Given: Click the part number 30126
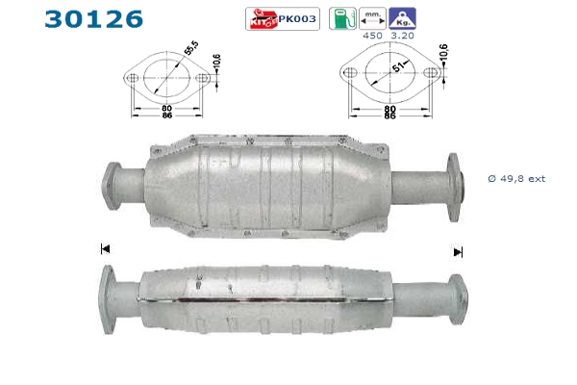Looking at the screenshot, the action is pos(94,19).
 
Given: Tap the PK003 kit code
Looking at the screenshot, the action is pos(297,19).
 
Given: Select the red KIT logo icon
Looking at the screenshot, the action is pos(263,18).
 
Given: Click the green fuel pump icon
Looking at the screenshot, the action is pos(342,18).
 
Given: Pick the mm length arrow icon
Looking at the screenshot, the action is pos(372,18).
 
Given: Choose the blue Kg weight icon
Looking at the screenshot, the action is pos(402,18).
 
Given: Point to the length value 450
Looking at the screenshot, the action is pos(372,36).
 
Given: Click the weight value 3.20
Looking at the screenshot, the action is pos(402,36).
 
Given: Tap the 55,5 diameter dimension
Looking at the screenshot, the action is pos(191,48).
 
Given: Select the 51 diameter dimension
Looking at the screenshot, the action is pos(398,67).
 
